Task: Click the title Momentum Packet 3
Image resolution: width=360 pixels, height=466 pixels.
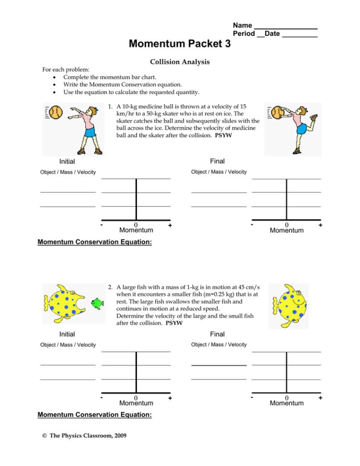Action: click(x=180, y=44)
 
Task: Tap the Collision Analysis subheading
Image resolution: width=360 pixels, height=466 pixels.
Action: click(x=180, y=62)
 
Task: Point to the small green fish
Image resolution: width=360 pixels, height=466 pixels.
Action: click(x=99, y=303)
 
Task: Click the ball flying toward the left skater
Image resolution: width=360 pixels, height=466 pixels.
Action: click(x=57, y=113)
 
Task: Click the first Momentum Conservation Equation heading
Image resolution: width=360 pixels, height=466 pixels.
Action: click(x=95, y=242)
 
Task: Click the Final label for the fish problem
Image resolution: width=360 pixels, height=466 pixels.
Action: click(x=217, y=334)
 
